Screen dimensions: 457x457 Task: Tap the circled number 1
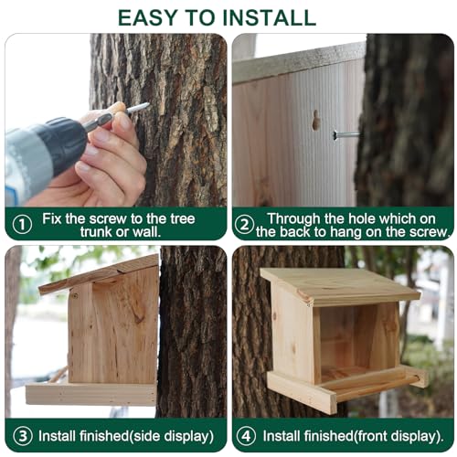click(x=21, y=223)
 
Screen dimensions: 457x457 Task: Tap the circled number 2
click(x=244, y=223)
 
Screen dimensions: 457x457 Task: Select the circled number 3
click(x=20, y=434)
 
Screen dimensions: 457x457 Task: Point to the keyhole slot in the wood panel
click(x=315, y=120)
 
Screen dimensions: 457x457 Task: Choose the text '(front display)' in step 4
click(x=393, y=434)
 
